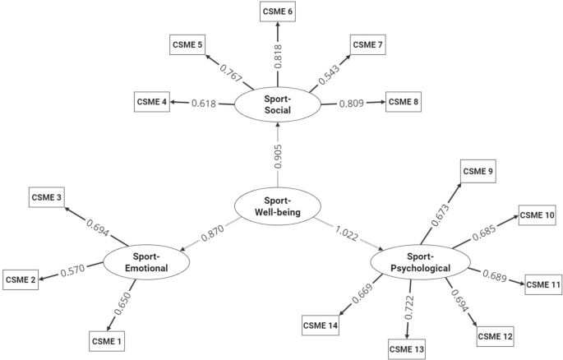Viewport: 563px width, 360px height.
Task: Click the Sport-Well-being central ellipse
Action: [x=277, y=205]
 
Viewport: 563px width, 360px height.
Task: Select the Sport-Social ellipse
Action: [x=277, y=104]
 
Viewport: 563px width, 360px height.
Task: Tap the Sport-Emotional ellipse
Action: [x=146, y=262]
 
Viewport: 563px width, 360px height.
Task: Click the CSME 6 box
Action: [x=279, y=12]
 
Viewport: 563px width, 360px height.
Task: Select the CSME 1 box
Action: [x=109, y=339]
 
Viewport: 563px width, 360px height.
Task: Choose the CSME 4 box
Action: [x=154, y=103]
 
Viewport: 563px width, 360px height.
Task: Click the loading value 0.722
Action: [x=409, y=306]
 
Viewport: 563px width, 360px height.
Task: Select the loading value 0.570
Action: [x=73, y=270]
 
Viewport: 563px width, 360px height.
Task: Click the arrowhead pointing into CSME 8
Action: [x=381, y=103]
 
